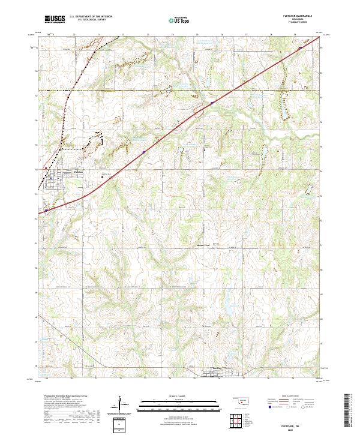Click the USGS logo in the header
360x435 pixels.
pos(55,19)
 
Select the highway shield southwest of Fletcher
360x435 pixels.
pos(46,211)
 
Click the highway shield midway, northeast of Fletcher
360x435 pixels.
pos(144,152)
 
